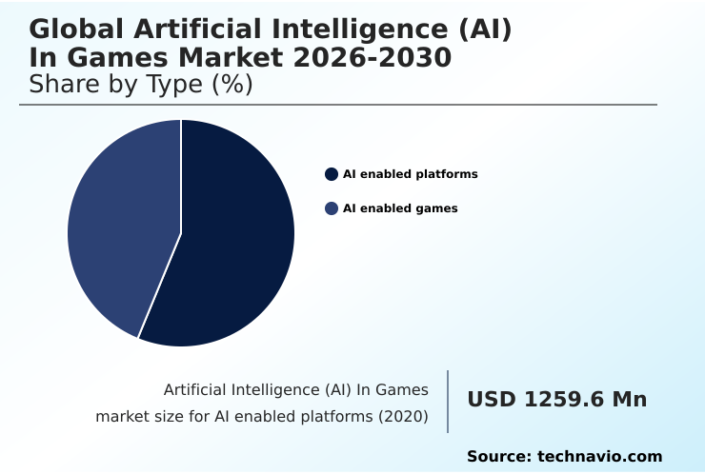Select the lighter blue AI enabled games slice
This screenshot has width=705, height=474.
coord(114,228)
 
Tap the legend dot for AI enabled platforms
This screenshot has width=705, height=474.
coord(332,174)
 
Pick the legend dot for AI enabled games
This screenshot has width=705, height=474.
coord(332,208)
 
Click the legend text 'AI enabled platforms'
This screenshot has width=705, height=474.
coord(410,174)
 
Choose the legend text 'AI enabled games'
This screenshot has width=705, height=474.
coord(400,208)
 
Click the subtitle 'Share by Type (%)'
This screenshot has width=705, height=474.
coord(141,85)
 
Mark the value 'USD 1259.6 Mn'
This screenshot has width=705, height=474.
coord(556,400)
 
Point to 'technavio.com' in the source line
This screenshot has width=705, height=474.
coord(600,457)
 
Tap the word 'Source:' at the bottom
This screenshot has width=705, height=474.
coord(498,457)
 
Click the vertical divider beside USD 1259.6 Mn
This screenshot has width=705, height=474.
coord(448,402)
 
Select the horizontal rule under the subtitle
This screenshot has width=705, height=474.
coord(338,105)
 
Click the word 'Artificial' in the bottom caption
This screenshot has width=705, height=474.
coord(195,389)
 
